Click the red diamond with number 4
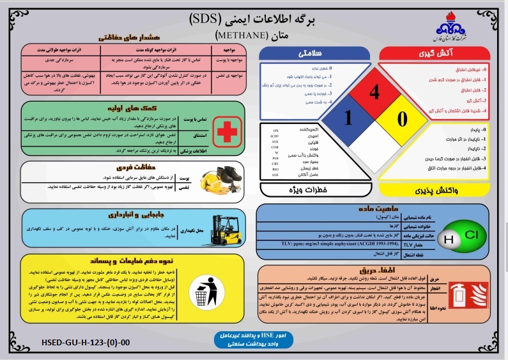pos(374,92)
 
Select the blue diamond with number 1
pos(348,118)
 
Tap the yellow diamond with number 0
pos(401,118)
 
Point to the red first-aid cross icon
pos(226,131)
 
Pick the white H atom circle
pos(449,240)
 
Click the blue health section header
pos(313,53)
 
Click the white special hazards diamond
pos(374,146)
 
